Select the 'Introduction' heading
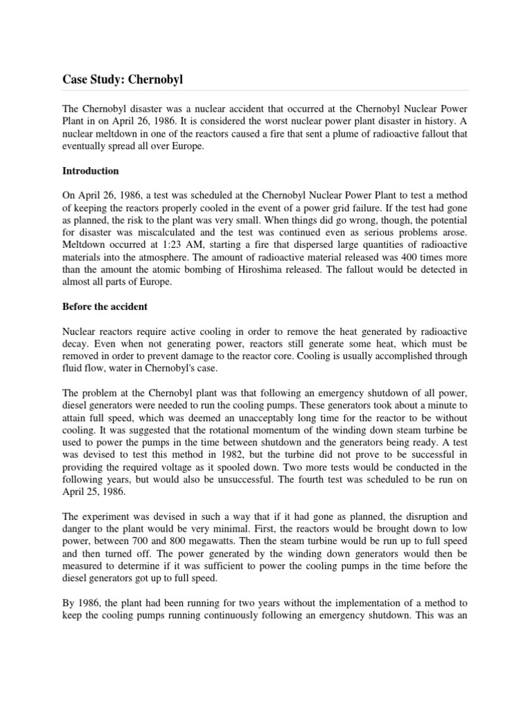90,171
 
